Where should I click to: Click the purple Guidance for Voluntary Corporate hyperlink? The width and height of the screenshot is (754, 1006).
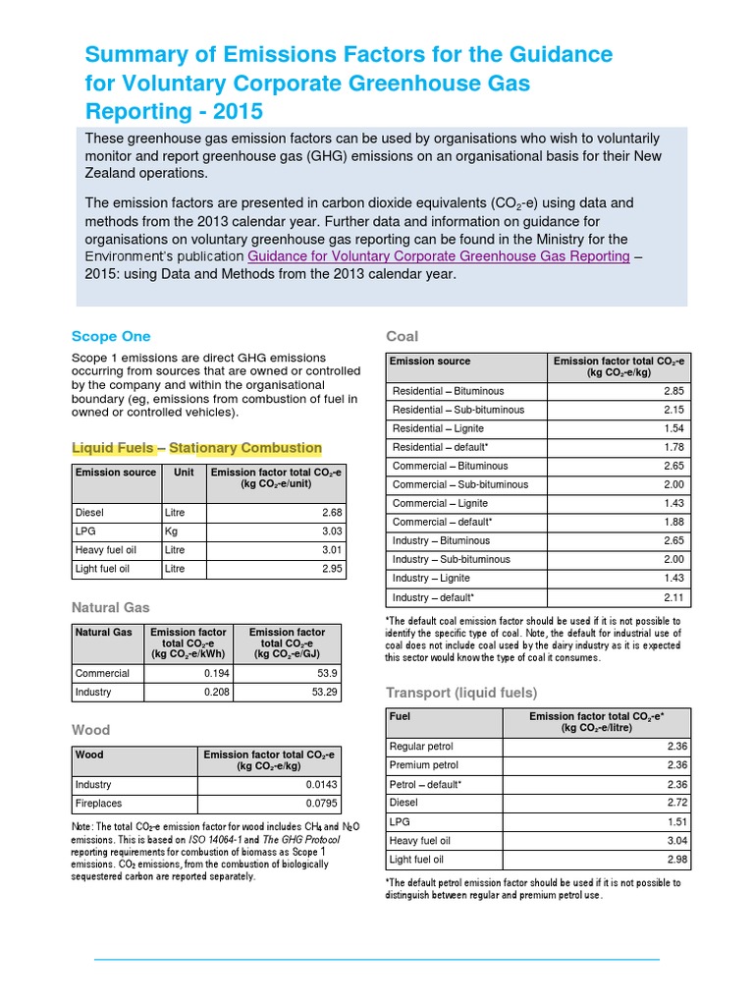[439, 256]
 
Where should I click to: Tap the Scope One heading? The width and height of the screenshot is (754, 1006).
[111, 336]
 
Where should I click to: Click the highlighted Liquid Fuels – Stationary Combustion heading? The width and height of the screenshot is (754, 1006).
[196, 448]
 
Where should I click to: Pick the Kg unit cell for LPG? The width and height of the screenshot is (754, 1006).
[172, 531]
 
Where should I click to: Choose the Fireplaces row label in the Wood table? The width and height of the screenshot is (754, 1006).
[93, 804]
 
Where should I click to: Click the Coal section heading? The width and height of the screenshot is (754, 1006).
[403, 337]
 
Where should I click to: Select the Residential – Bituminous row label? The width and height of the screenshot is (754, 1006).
[448, 391]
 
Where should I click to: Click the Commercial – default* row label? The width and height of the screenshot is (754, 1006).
[442, 522]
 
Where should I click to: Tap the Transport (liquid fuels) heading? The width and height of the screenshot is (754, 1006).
[460, 694]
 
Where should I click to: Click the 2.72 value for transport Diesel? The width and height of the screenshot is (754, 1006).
[676, 803]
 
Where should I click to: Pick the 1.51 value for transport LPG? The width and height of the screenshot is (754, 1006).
[676, 821]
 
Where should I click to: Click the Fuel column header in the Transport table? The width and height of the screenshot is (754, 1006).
[400, 716]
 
